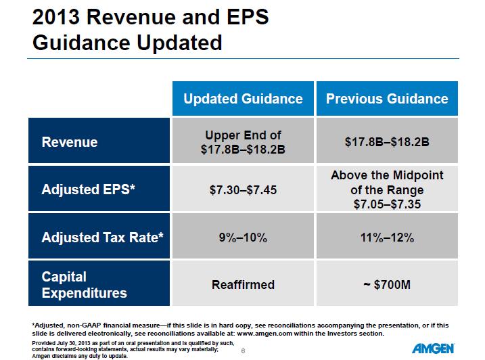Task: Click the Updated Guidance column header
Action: click(x=243, y=99)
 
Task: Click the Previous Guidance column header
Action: click(x=387, y=99)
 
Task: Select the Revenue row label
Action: click(x=70, y=142)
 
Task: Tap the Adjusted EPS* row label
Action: click(x=89, y=190)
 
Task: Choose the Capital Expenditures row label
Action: click(x=84, y=285)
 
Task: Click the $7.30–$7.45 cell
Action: click(x=243, y=190)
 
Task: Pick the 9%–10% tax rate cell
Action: click(x=243, y=238)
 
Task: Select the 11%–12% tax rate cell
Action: click(x=387, y=238)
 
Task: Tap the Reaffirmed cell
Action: click(x=243, y=285)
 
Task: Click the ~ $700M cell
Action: click(x=387, y=285)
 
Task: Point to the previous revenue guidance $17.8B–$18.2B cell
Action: click(x=387, y=142)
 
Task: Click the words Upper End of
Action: click(x=243, y=135)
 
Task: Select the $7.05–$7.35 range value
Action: click(x=387, y=204)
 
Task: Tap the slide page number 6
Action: click(x=242, y=350)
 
